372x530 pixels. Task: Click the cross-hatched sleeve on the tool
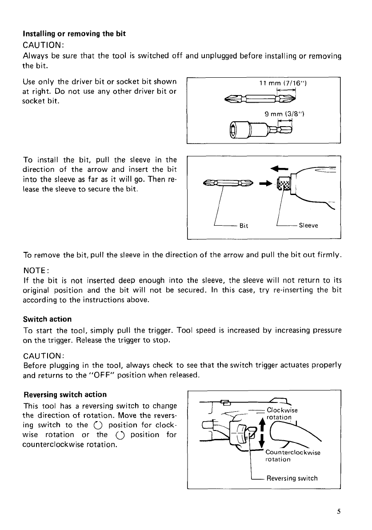[x=283, y=183]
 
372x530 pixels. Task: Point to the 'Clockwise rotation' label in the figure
[x=282, y=414]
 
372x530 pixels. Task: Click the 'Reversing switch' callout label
[x=292, y=478]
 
